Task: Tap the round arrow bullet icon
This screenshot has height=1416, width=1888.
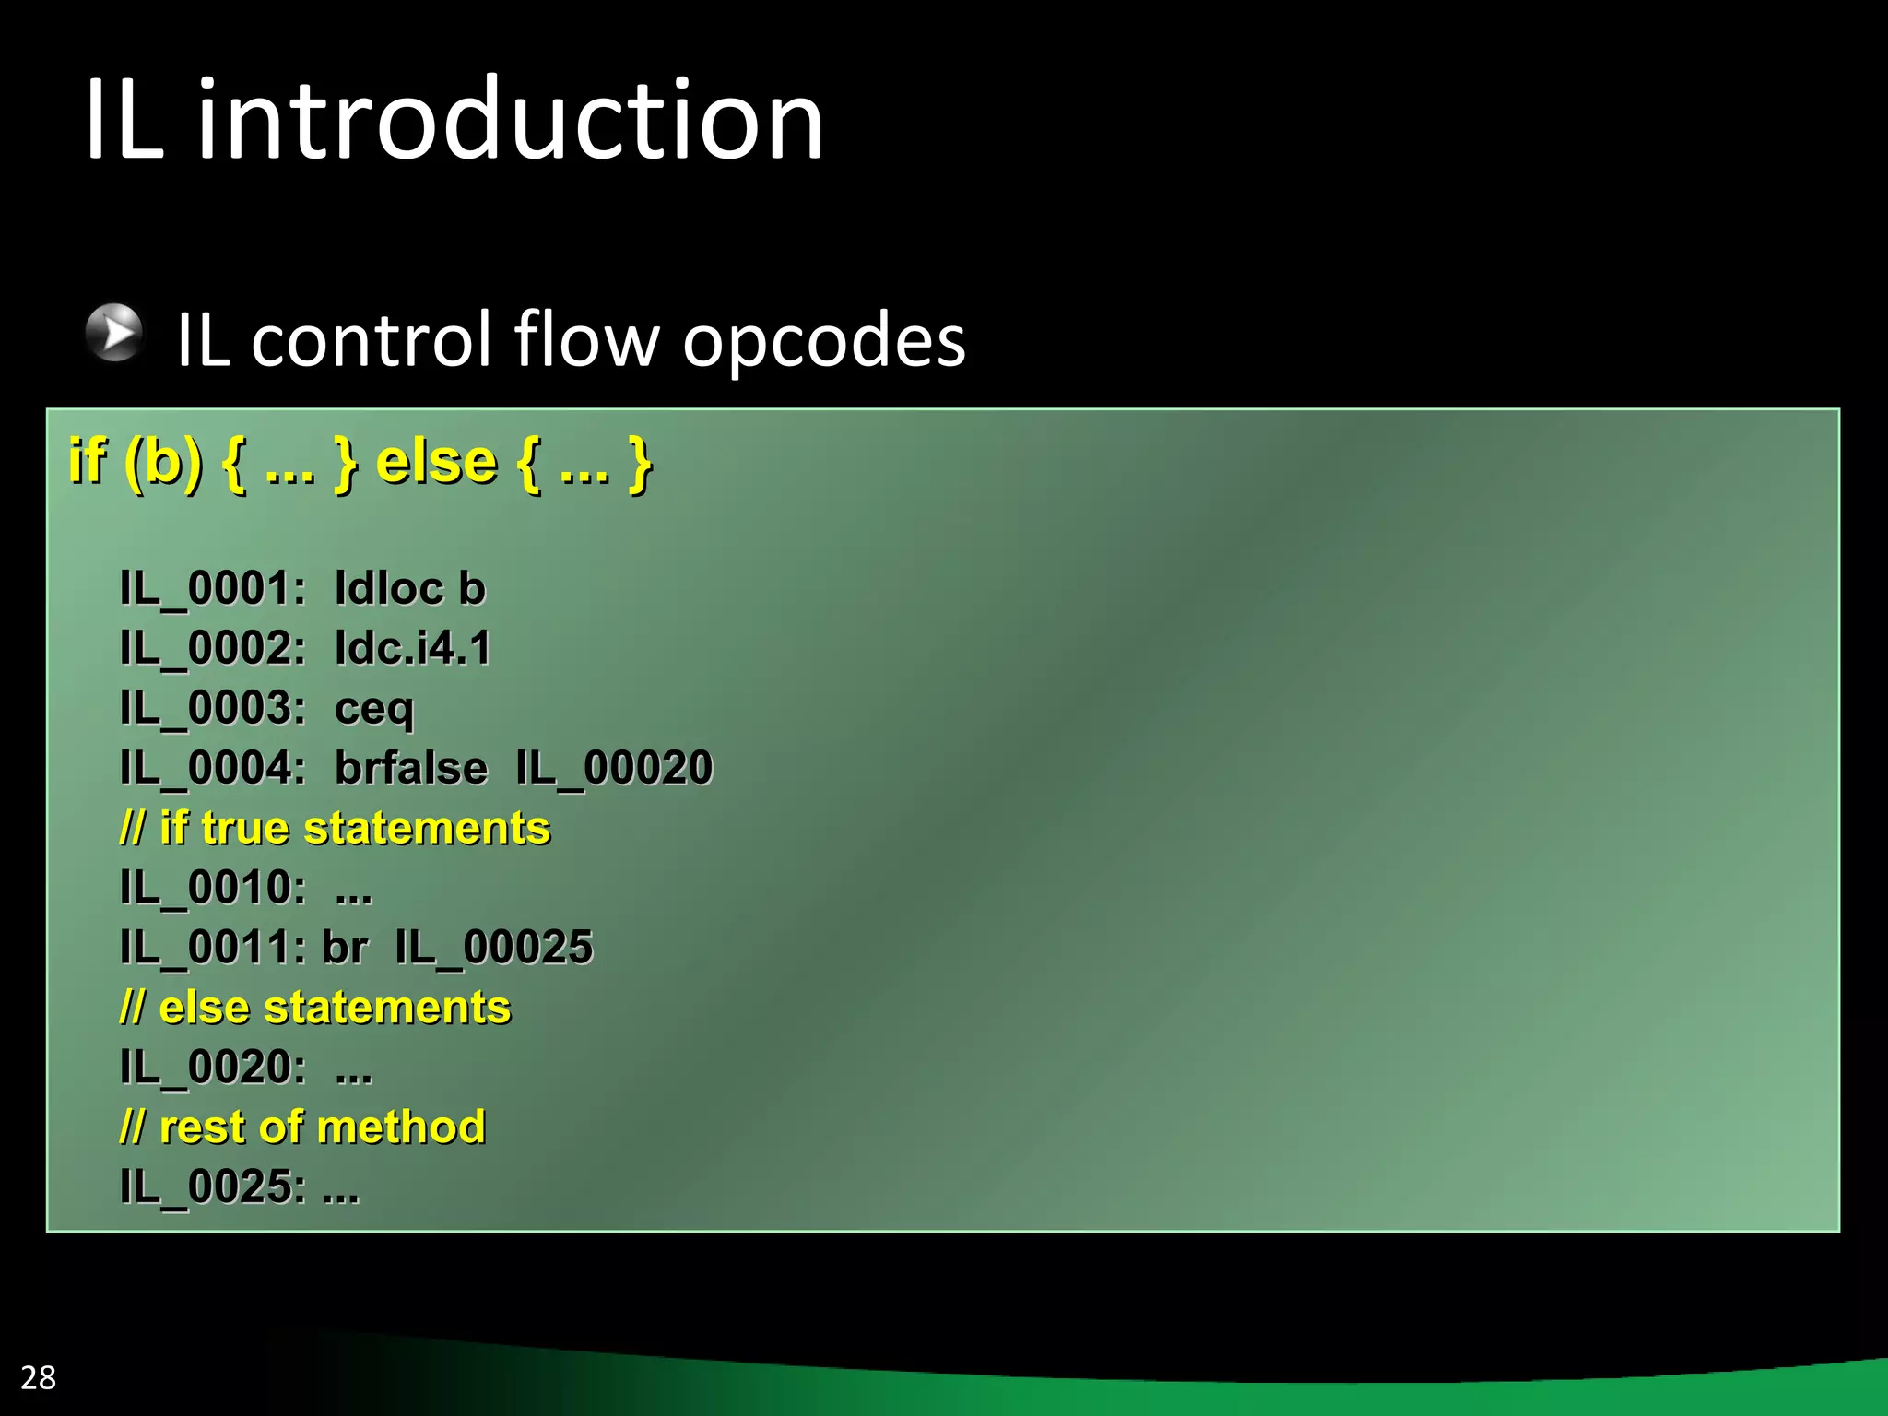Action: [114, 332]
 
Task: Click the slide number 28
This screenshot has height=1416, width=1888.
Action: [38, 1377]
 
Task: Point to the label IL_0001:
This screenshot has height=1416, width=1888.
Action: [212, 588]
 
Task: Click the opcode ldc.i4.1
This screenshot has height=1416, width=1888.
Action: [412, 648]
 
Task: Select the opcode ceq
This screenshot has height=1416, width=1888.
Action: [374, 709]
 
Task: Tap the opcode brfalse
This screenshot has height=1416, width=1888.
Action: [410, 768]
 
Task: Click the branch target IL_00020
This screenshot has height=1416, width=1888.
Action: [614, 768]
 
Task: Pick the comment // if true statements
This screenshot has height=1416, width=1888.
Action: [335, 828]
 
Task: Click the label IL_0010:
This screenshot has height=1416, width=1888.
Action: [212, 888]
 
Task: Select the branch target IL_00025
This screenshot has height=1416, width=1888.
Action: [494, 947]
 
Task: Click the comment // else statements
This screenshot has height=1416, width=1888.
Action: [314, 1007]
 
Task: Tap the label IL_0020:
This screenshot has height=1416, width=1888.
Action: [212, 1067]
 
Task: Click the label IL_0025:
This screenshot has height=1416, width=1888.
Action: [212, 1186]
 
